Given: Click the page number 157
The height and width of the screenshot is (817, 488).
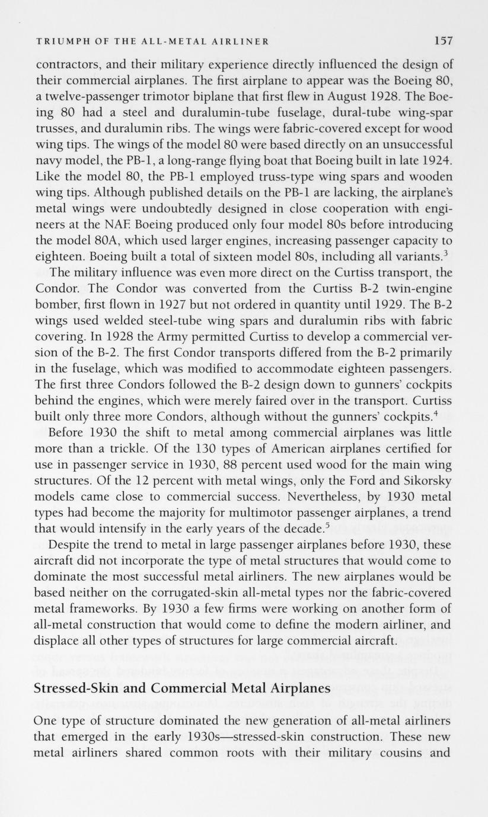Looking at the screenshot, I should tap(442, 41).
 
